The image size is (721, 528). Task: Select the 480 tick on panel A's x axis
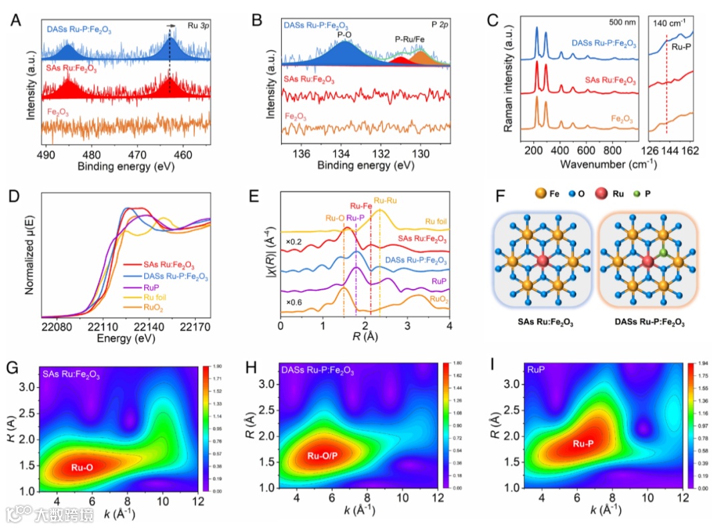click(x=92, y=153)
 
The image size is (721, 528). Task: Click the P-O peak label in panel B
click(x=345, y=35)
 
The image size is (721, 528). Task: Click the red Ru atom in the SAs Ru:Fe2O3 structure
click(x=542, y=260)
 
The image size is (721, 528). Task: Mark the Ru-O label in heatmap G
click(x=81, y=468)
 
